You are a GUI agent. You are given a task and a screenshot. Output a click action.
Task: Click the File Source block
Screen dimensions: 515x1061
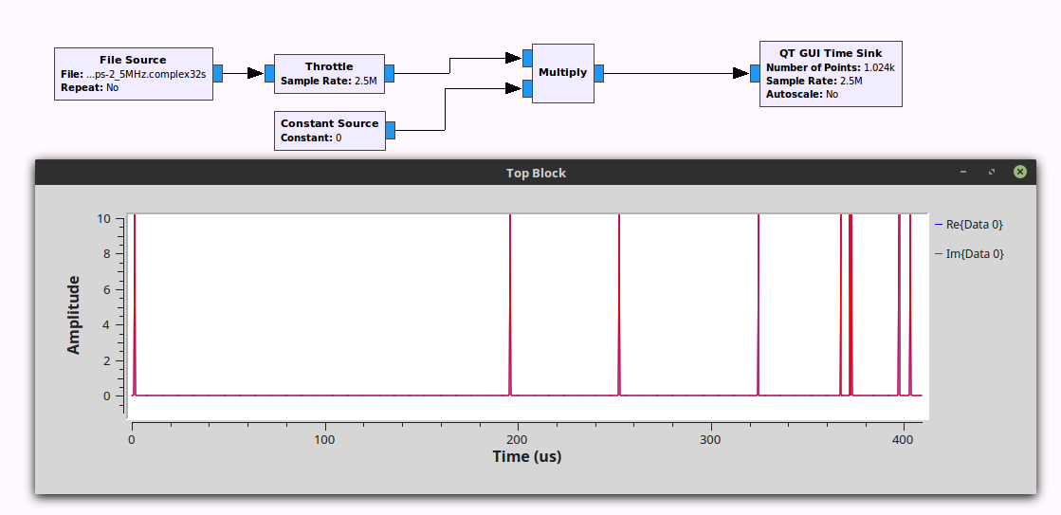[133, 73]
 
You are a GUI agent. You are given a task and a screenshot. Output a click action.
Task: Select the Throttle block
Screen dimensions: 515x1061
[329, 73]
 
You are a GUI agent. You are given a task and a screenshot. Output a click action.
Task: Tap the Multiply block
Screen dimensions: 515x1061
[562, 72]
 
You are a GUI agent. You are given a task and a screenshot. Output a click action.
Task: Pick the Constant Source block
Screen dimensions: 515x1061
[329, 130]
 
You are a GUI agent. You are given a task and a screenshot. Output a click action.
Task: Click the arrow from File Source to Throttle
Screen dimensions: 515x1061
[244, 73]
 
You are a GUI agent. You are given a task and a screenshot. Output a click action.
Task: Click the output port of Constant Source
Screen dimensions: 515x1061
[390, 130]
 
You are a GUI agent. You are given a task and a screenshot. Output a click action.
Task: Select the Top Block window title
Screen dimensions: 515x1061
[536, 173]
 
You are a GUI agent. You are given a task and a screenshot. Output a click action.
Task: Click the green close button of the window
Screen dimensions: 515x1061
[1019, 172]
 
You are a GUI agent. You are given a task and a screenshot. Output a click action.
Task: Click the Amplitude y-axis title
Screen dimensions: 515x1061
[74, 315]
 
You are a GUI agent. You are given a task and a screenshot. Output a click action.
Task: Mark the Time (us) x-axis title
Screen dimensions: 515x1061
[526, 456]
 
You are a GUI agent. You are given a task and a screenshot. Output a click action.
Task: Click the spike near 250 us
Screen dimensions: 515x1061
[619, 303]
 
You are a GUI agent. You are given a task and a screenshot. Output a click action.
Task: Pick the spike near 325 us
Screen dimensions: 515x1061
[759, 303]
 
